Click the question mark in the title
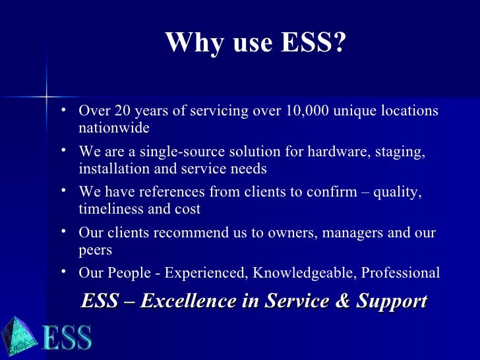339,44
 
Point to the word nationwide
114,127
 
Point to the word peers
95,250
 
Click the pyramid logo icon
18,337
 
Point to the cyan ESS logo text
67,339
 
